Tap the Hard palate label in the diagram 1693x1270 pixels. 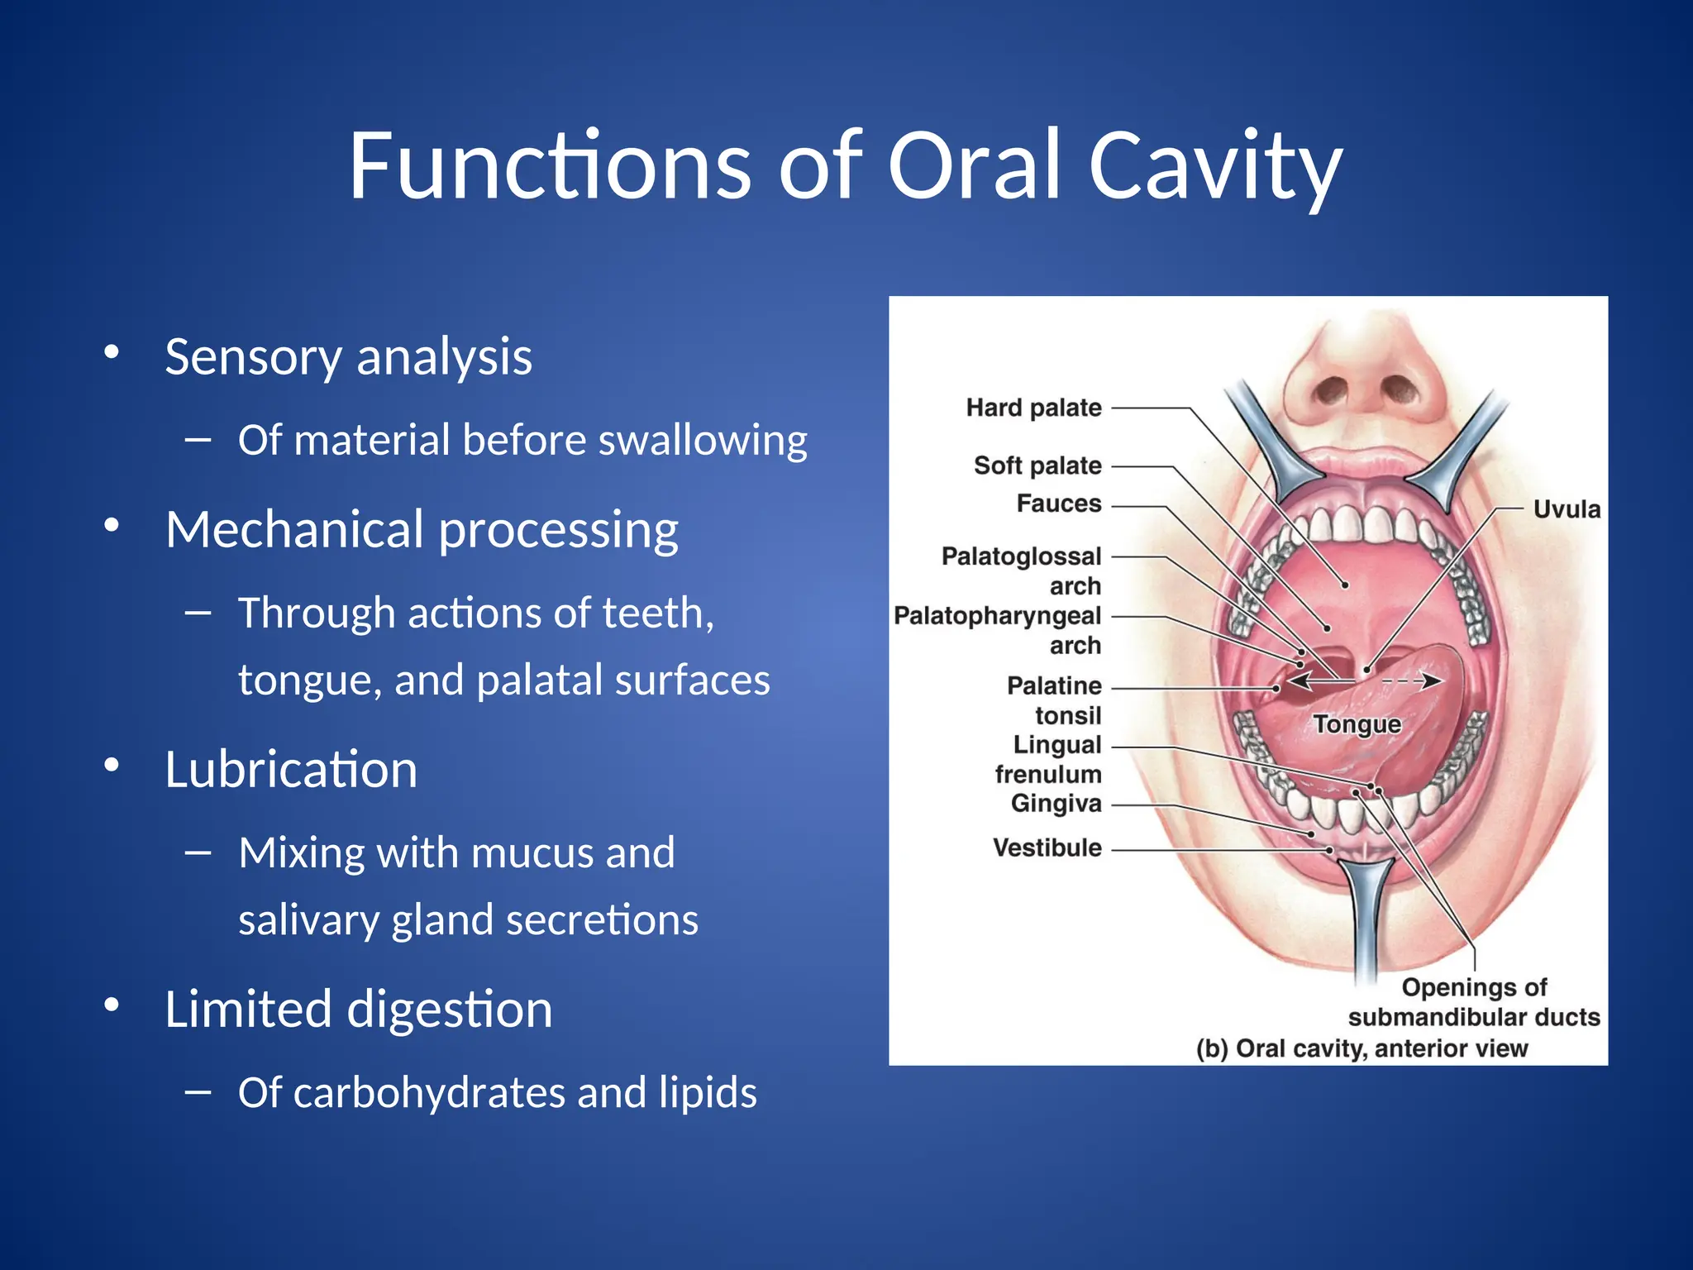click(x=1033, y=408)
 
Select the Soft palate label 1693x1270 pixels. click(x=1037, y=466)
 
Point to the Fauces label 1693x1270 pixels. click(x=1059, y=503)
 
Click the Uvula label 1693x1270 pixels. click(x=1567, y=509)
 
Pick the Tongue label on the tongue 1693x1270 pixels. click(x=1357, y=724)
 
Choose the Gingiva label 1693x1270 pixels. click(x=1056, y=804)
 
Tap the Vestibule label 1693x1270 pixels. click(x=1047, y=847)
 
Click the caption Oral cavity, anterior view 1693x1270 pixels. click(x=1362, y=1048)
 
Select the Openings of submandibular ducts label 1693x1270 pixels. click(x=1474, y=1002)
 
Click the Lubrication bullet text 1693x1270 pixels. click(x=291, y=769)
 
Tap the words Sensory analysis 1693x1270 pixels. click(x=348, y=357)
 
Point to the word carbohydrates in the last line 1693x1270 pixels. click(x=428, y=1092)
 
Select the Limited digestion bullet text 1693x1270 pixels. click(x=358, y=1009)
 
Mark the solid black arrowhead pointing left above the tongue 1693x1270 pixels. click(x=1299, y=681)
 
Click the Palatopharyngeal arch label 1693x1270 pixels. click(x=997, y=630)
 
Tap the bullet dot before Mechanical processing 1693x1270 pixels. click(x=112, y=526)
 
